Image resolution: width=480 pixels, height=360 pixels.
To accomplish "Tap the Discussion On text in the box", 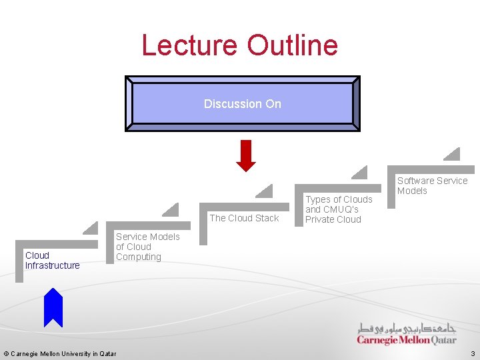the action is tap(243, 104).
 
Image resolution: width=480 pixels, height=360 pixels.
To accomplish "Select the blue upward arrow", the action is tap(53, 307).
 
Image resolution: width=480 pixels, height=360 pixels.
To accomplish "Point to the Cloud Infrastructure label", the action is tap(52, 260).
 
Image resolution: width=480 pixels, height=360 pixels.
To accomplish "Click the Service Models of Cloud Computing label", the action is tap(147, 247).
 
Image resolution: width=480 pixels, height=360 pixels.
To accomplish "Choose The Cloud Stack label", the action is tap(244, 218).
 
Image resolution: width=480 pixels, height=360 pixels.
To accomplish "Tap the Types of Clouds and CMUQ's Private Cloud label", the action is tap(339, 209).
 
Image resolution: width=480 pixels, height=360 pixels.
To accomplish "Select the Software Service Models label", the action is tap(432, 185).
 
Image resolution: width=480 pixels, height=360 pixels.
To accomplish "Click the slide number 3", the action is tap(473, 353).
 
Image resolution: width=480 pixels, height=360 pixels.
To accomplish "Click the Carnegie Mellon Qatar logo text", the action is tap(407, 340).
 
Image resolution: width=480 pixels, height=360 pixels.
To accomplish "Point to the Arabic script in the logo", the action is tap(407, 328).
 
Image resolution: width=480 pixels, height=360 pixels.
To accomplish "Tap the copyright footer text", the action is tap(60, 353).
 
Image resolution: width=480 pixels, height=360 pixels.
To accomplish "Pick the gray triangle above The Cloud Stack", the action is tap(266, 192).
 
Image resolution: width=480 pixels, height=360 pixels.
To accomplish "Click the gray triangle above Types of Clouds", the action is tap(361, 173).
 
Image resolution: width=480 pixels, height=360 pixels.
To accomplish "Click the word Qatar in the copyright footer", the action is tap(107, 353).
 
